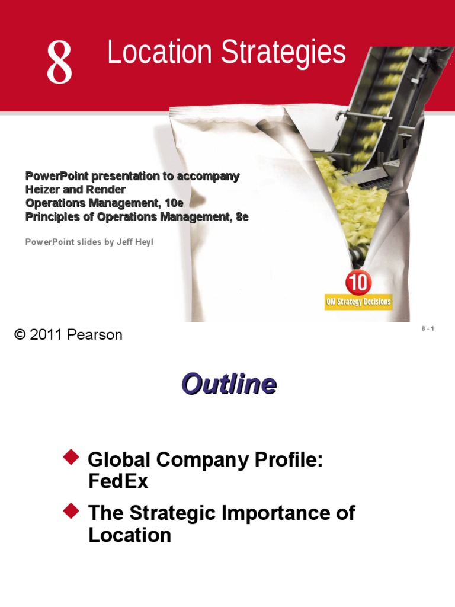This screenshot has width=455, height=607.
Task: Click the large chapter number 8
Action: click(60, 63)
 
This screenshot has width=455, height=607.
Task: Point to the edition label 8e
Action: click(242, 217)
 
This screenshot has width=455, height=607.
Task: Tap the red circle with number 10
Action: click(358, 283)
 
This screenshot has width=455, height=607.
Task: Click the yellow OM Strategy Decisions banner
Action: click(358, 302)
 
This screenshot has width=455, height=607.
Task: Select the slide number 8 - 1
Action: click(428, 329)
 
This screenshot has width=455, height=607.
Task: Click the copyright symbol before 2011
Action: click(20, 335)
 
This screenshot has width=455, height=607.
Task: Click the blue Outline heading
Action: click(229, 385)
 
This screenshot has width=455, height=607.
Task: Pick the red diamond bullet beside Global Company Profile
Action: click(71, 457)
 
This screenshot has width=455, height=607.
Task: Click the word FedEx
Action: click(118, 481)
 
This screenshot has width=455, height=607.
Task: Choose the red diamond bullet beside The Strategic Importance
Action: click(71, 510)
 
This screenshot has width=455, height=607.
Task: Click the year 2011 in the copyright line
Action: click(46, 335)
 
